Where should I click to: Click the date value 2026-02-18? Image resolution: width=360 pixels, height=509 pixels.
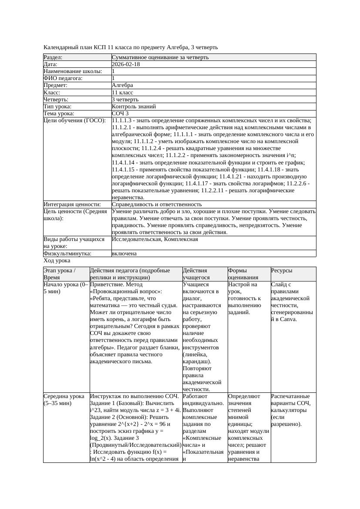coord(126,64)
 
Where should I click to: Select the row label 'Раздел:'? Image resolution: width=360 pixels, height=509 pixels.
coord(53,57)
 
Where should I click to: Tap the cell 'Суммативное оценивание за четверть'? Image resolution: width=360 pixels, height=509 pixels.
coord(160,57)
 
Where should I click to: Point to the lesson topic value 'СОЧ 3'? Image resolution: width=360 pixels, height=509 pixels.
coord(120,113)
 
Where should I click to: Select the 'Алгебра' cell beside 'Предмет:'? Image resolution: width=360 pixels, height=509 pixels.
coord(122,85)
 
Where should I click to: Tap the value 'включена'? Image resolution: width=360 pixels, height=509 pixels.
coord(124,253)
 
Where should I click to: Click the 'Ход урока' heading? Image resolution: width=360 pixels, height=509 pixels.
coord(57,261)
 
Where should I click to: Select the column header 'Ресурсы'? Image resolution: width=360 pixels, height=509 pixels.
coord(282,271)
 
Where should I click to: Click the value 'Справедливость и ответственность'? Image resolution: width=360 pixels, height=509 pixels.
coord(157,204)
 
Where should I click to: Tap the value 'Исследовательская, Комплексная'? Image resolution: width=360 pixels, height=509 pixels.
coord(155,239)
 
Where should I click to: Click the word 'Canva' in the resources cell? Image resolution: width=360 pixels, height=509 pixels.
coord(287,319)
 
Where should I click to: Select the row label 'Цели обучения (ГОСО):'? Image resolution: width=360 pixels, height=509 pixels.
coord(74,120)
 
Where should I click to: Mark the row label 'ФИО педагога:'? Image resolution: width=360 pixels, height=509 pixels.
coord(63,78)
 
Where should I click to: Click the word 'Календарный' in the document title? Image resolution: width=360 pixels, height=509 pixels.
coord(61,47)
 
